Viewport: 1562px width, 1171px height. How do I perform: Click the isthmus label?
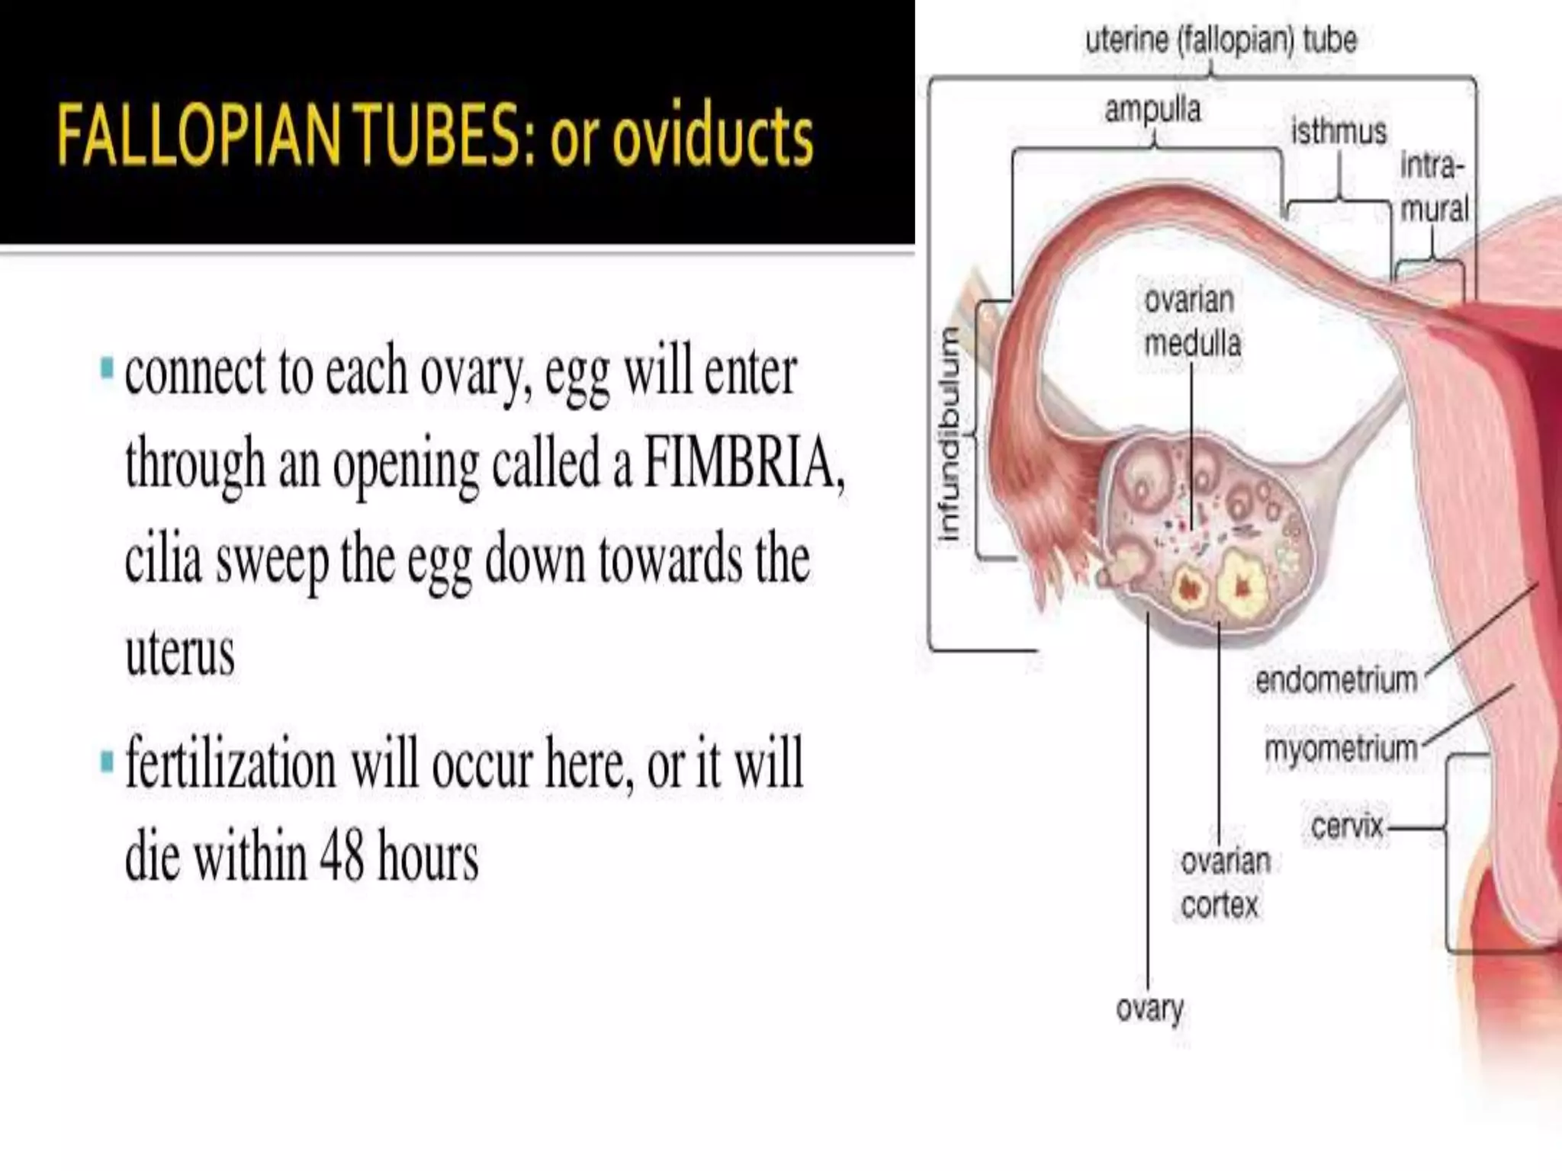[x=1339, y=132]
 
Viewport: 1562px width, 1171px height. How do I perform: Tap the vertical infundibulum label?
[x=949, y=435]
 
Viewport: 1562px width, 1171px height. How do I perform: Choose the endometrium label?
[x=1336, y=679]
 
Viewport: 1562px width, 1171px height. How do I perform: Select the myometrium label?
[x=1341, y=749]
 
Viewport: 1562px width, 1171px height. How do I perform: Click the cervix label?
[x=1347, y=826]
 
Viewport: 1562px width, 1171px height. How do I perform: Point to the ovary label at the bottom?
[x=1149, y=1009]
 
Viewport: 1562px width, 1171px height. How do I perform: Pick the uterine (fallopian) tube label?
[x=1221, y=40]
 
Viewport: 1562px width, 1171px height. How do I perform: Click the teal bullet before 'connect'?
[x=107, y=369]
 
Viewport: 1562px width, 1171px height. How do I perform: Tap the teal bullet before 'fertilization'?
[x=107, y=761]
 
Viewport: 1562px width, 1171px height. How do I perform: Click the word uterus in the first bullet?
[x=180, y=653]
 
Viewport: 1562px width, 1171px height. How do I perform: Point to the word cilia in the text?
[x=163, y=559]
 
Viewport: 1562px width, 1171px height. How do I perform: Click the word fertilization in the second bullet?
[x=230, y=763]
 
